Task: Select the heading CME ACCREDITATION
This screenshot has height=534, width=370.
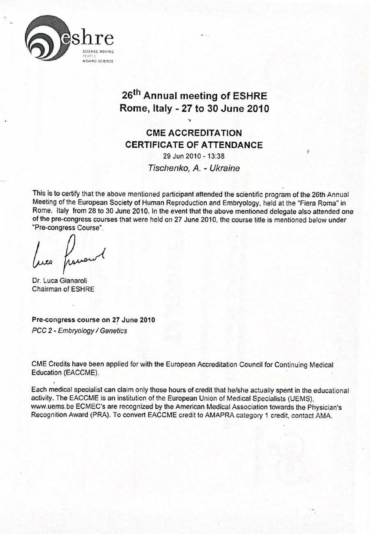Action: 194,133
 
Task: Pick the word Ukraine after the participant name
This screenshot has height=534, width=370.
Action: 225,168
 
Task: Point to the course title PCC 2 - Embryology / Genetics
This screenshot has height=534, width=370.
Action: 79,331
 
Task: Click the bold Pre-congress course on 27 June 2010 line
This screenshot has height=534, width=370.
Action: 93,320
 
